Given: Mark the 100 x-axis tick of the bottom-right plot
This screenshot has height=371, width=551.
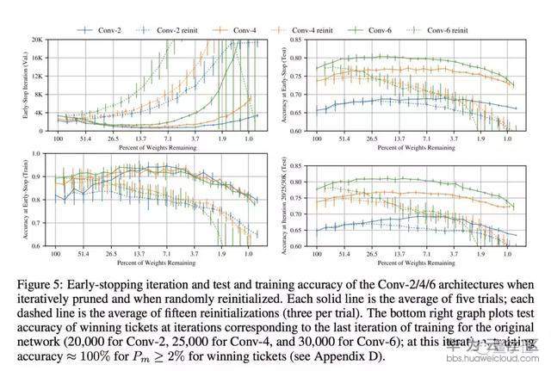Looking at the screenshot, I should (x=317, y=253).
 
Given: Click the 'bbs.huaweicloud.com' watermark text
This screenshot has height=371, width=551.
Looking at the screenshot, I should (x=506, y=363).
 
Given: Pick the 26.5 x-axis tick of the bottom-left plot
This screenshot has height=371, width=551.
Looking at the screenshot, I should (x=112, y=253).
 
